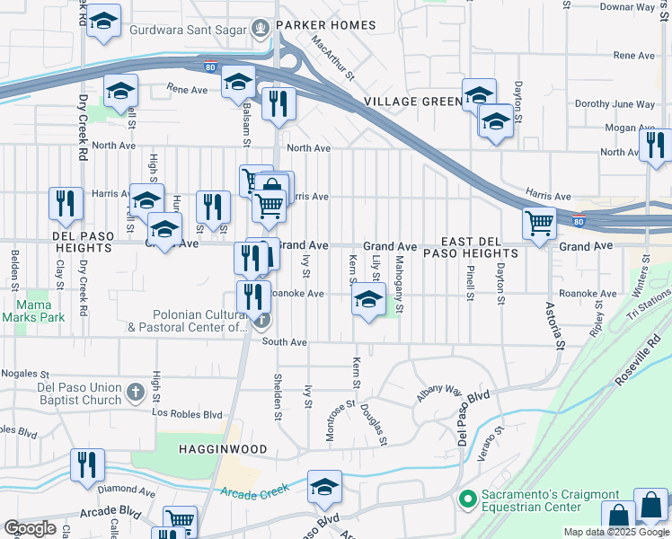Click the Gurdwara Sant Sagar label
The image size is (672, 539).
click(188, 29)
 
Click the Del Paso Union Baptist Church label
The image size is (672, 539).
click(79, 393)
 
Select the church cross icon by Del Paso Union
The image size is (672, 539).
click(135, 392)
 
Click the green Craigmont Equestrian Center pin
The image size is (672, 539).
click(467, 497)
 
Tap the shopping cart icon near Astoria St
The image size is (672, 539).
click(539, 222)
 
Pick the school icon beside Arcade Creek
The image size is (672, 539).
click(324, 488)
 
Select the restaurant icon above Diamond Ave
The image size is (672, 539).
click(87, 465)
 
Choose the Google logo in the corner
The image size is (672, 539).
click(30, 527)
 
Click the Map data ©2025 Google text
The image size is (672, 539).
click(615, 532)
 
